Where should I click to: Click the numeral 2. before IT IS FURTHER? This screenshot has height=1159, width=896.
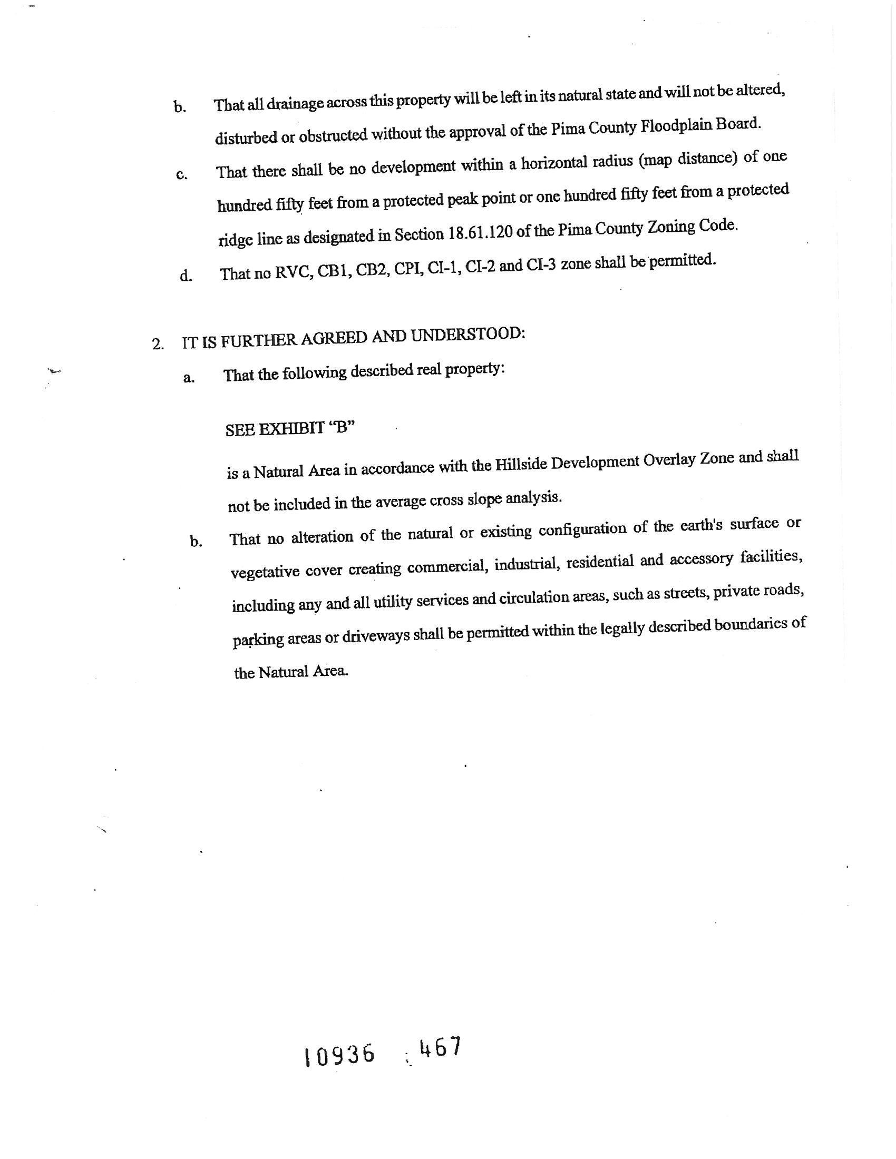pos(158,344)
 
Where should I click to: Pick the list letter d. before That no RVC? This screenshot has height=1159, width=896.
pos(186,276)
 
